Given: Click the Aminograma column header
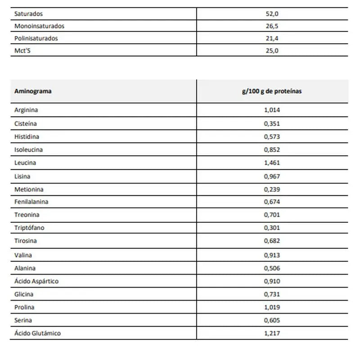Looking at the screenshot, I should tap(33, 91).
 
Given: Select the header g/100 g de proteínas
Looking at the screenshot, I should tap(272, 91).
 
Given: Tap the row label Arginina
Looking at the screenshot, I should tap(26, 110).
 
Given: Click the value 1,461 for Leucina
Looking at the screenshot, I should tap(272, 162).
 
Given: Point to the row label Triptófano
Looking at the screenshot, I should tap(29, 228).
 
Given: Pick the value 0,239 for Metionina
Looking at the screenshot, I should tap(272, 189).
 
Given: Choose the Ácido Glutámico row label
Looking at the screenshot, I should tap(37, 333).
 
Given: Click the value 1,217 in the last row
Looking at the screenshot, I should tap(272, 333).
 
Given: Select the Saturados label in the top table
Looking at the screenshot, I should tap(28, 14).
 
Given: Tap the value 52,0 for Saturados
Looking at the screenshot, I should tap(272, 14).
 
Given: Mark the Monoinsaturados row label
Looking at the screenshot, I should tap(39, 26).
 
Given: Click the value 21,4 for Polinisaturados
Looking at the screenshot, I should tap(272, 38).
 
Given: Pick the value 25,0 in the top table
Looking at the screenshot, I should tap(272, 50).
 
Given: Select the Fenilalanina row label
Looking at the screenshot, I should tap(31, 202).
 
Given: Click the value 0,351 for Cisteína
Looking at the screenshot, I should tap(272, 123).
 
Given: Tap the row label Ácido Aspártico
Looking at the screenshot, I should tap(36, 281).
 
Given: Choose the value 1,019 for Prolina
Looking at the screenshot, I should tap(272, 307).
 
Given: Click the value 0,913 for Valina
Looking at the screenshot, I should tap(272, 255).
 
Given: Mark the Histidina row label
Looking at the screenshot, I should tap(27, 136).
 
